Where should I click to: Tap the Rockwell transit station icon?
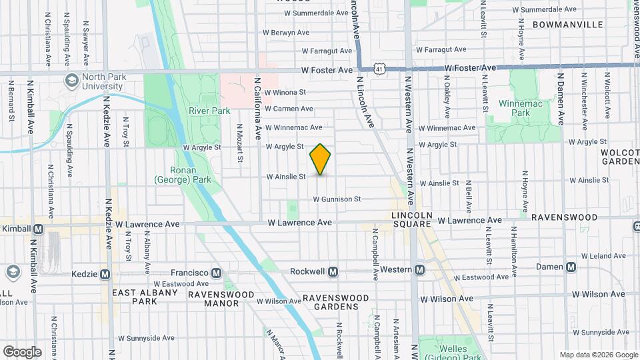pos(333,271)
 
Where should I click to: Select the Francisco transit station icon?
pos(216,273)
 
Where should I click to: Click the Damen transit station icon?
pos(571,267)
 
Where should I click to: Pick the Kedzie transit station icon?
pos(105,274)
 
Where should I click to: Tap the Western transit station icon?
pos(419,270)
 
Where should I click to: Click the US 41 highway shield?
pos(379,69)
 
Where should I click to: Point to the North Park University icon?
pos(71,81)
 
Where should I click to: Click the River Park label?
pos(209,111)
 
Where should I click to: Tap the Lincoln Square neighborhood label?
pos(412,220)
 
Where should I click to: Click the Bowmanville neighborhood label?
pos(567,25)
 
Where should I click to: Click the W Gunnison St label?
pos(337,199)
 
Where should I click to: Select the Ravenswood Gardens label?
pos(336,302)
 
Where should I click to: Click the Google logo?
pos(22,351)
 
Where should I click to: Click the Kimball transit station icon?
pos(38,229)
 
